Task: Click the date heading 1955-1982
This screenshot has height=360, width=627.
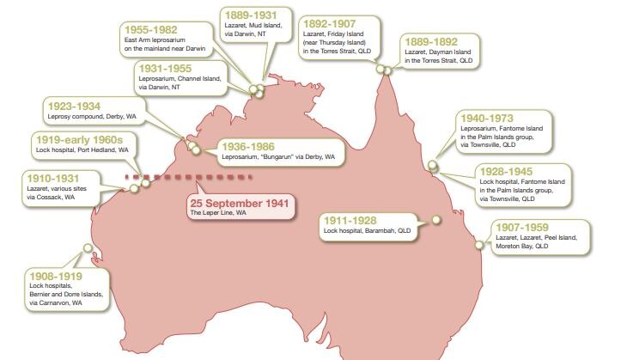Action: pyautogui.click(x=150, y=29)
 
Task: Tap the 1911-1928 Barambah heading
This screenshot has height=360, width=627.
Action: pyautogui.click(x=349, y=221)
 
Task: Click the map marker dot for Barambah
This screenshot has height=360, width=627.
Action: pyautogui.click(x=435, y=220)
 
